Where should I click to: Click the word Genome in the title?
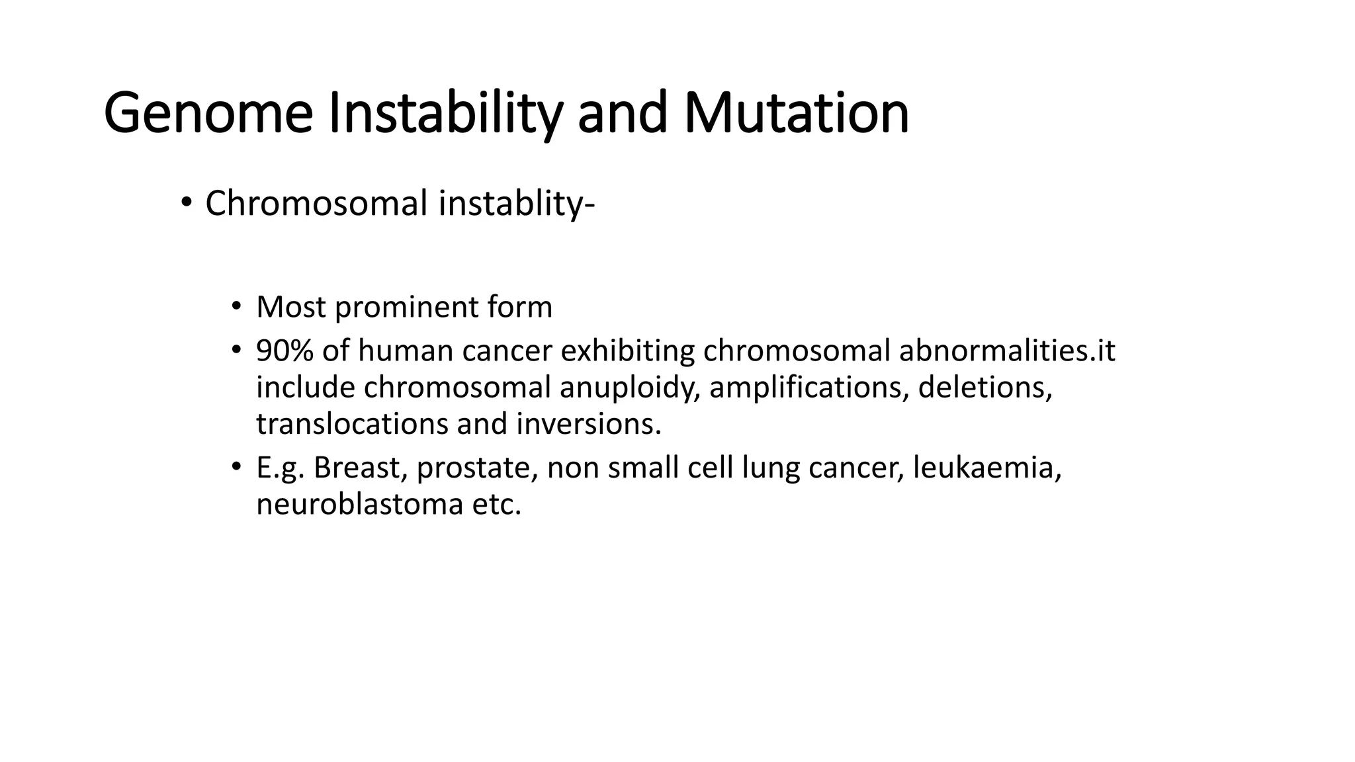click(208, 114)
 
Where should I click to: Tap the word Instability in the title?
click(445, 114)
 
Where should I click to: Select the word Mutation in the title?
click(796, 114)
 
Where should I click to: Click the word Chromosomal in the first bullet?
click(316, 203)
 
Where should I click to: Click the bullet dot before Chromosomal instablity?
click(186, 202)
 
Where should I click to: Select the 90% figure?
click(284, 351)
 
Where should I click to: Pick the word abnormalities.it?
click(1006, 351)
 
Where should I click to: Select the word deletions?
click(984, 388)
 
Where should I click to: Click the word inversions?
click(588, 424)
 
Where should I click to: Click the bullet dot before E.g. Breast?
click(236, 467)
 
